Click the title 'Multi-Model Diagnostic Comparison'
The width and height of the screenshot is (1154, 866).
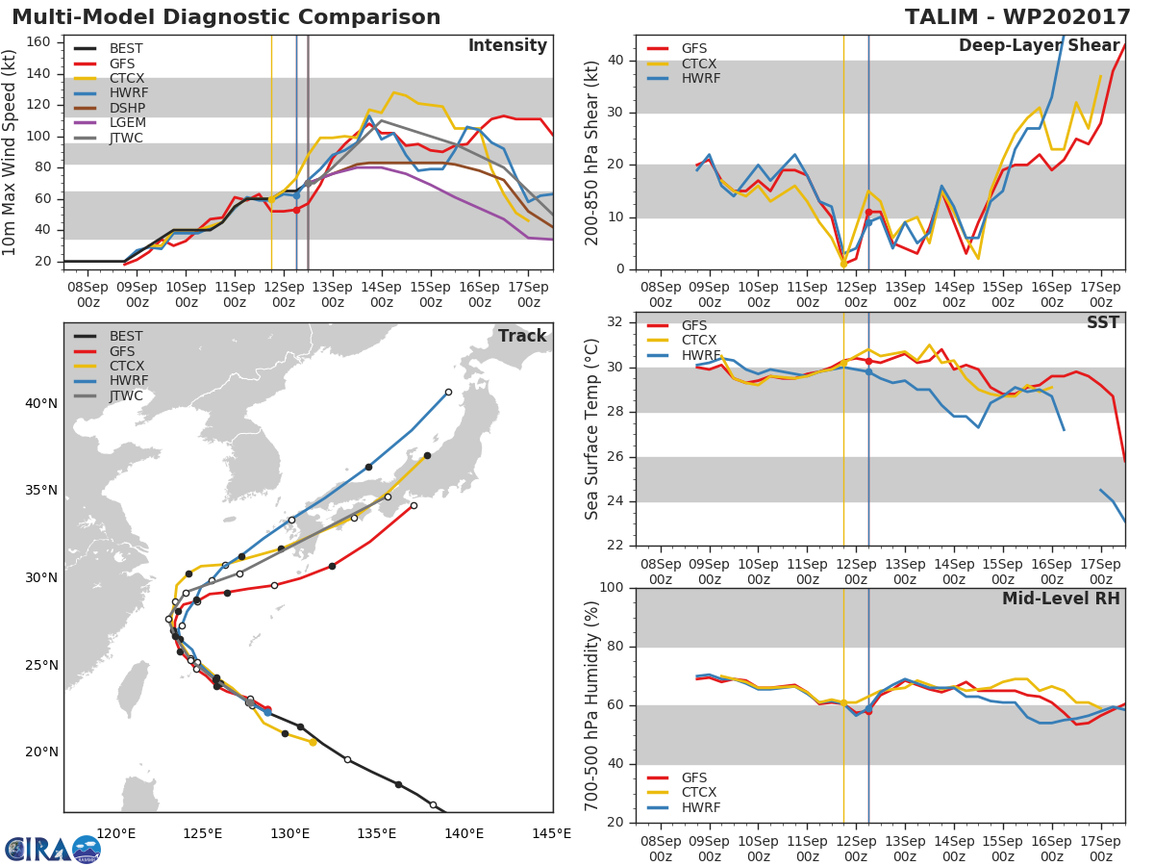(x=226, y=17)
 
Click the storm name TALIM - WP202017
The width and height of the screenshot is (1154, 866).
(x=1017, y=17)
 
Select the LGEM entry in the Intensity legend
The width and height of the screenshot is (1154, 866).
(x=126, y=122)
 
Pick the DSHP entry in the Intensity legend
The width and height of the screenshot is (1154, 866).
(x=126, y=107)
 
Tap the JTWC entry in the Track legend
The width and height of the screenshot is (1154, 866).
(x=126, y=395)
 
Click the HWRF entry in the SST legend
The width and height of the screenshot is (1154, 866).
(x=701, y=355)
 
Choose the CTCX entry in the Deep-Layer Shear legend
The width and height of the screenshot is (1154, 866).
(x=700, y=64)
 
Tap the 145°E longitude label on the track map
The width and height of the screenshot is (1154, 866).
(x=551, y=833)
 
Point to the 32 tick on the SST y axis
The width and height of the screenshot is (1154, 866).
(x=615, y=322)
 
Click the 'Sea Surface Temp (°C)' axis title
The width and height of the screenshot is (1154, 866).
(x=592, y=429)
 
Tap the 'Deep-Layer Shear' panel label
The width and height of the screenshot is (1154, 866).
(x=1039, y=46)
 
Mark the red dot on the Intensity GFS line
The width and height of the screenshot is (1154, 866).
(x=296, y=210)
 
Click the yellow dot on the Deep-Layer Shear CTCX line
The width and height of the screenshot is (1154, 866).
(x=843, y=264)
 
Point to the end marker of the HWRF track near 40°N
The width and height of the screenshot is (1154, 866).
(x=448, y=392)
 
